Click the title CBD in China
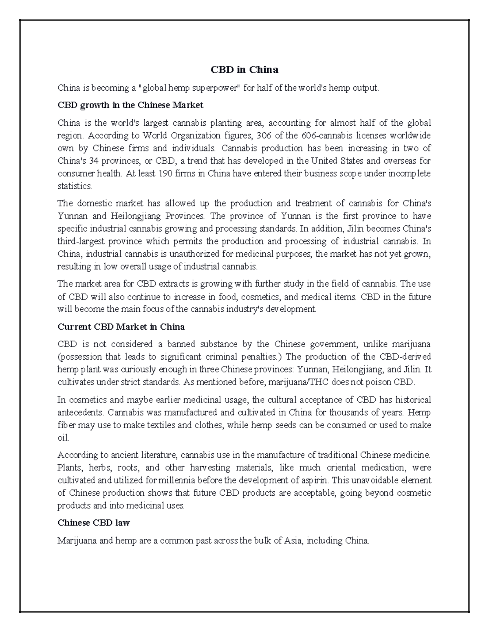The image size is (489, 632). (x=244, y=70)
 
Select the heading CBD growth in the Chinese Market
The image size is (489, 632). (x=130, y=105)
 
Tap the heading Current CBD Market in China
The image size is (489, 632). (x=121, y=326)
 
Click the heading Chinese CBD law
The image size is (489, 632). (x=94, y=523)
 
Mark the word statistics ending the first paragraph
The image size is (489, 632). (x=75, y=186)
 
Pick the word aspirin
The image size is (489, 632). (x=315, y=480)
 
